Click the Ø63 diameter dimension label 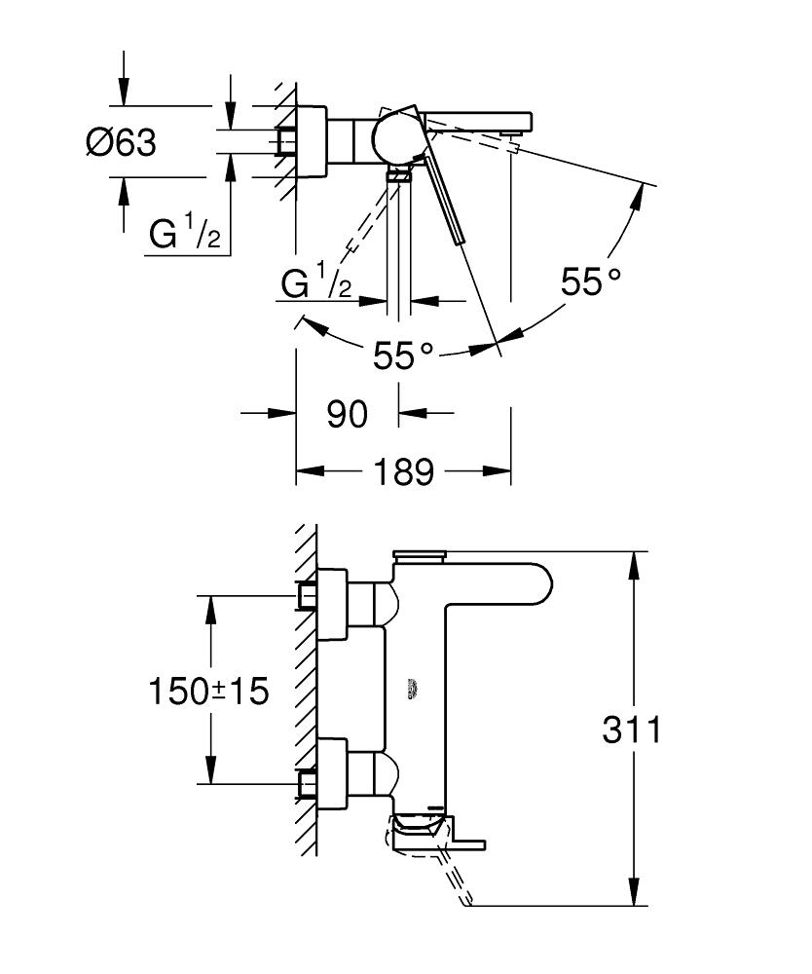pos(121,142)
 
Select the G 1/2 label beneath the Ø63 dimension pos(185,235)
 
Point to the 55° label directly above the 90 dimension pos(403,356)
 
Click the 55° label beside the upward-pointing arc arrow pos(590,282)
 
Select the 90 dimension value pos(347,414)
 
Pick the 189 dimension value pos(404,472)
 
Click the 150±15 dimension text pos(207,692)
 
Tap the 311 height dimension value pos(631,730)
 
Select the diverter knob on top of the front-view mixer pos(419,556)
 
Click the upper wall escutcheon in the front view pos(332,604)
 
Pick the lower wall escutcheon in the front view pos(332,772)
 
